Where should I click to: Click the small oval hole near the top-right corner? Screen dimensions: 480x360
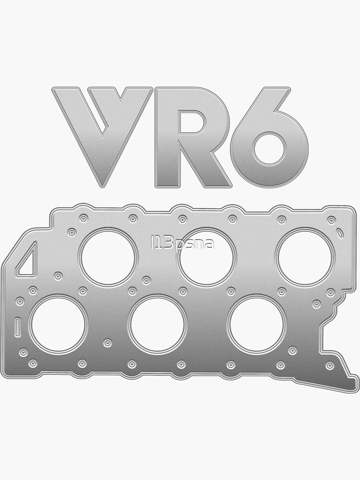340,234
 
